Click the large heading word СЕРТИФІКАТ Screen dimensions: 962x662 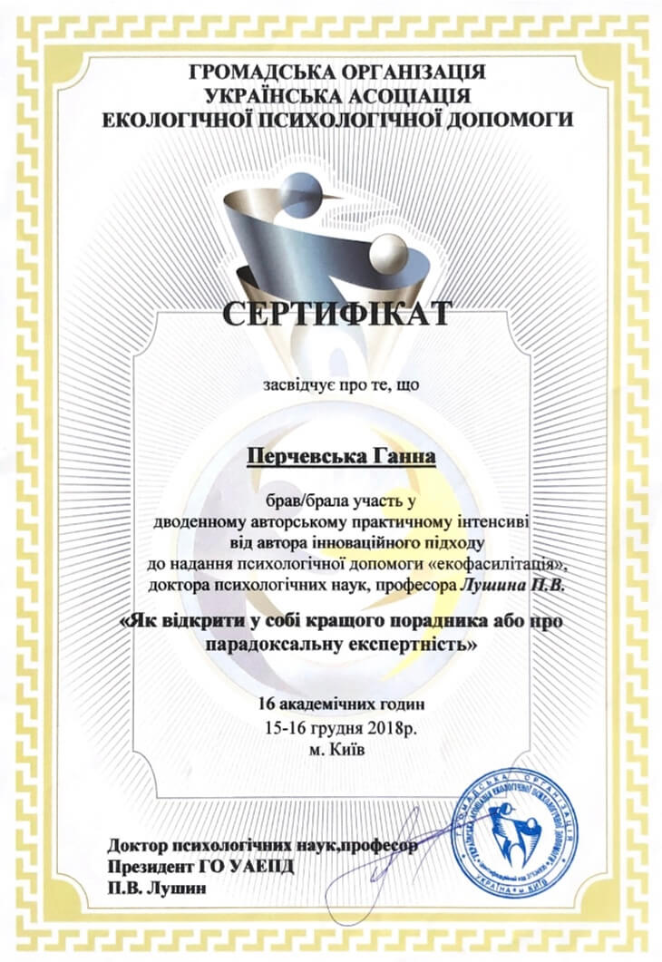tap(336, 315)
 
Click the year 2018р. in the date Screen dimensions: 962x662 tap(392, 727)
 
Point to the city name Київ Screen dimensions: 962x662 tap(347, 750)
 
